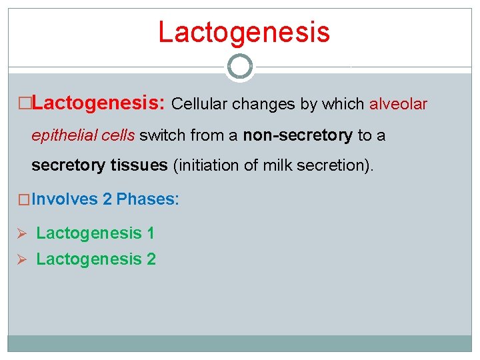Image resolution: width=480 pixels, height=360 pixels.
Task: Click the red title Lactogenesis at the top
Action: tap(243, 32)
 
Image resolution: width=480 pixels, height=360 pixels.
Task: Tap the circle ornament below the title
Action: tap(240, 67)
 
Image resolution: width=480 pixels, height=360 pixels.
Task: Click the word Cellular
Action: tap(199, 104)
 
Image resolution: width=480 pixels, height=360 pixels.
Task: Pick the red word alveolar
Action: tap(399, 104)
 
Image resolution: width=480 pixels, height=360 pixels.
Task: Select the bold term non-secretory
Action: tap(297, 135)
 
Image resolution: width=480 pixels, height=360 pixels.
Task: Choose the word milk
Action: tap(280, 165)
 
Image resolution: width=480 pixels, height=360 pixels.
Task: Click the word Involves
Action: tap(64, 199)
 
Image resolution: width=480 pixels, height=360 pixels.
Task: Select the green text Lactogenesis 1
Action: tap(95, 233)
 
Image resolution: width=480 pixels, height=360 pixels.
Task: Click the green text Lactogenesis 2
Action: tap(96, 259)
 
